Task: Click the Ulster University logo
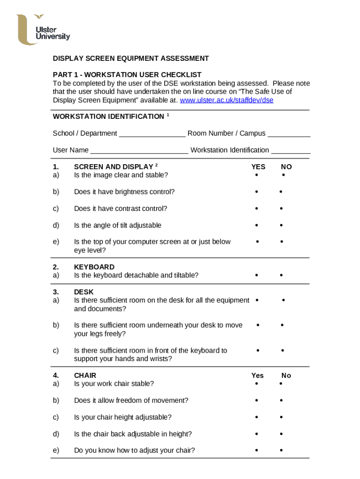43,30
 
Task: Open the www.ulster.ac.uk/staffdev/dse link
226,100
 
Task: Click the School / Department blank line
152,134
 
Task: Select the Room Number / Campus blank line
288,134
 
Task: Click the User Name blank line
139,151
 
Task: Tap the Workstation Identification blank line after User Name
290,151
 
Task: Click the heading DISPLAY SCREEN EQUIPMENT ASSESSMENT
130,58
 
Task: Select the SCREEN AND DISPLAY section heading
114,167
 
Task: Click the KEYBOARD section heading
94,267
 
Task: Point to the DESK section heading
84,292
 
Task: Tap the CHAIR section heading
85,375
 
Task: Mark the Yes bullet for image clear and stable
256,175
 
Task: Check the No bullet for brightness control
281,192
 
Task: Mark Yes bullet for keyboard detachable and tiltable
256,276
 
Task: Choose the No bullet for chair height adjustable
281,417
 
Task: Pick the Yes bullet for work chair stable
256,384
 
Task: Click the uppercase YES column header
258,167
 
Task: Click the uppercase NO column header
286,167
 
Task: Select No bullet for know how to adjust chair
281,450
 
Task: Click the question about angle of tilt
117,225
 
